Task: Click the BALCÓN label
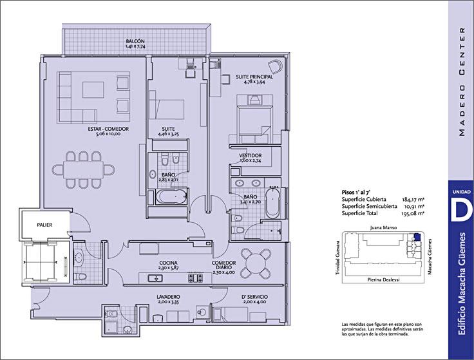pyautogui.click(x=135, y=41)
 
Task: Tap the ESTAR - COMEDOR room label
pyautogui.click(x=108, y=129)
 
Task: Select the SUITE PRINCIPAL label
pyautogui.click(x=254, y=77)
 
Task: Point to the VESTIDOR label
pyautogui.click(x=251, y=155)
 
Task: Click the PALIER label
pyautogui.click(x=44, y=225)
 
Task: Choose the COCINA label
pyautogui.click(x=168, y=263)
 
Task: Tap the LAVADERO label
pyautogui.click(x=169, y=297)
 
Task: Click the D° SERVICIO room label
pyautogui.click(x=254, y=297)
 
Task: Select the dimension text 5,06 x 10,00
pyautogui.click(x=108, y=133)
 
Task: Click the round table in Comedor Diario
pyautogui.click(x=256, y=263)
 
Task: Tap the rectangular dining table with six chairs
pyautogui.click(x=84, y=170)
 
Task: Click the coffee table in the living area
pyautogui.click(x=93, y=90)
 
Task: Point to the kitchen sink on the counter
pyautogui.click(x=155, y=278)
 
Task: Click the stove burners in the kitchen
pyautogui.click(x=195, y=278)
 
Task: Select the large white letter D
pyautogui.click(x=460, y=209)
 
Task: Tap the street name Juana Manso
pyautogui.click(x=383, y=227)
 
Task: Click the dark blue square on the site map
pyautogui.click(x=417, y=237)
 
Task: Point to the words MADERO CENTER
pyautogui.click(x=462, y=82)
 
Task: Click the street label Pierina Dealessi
pyautogui.click(x=383, y=280)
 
